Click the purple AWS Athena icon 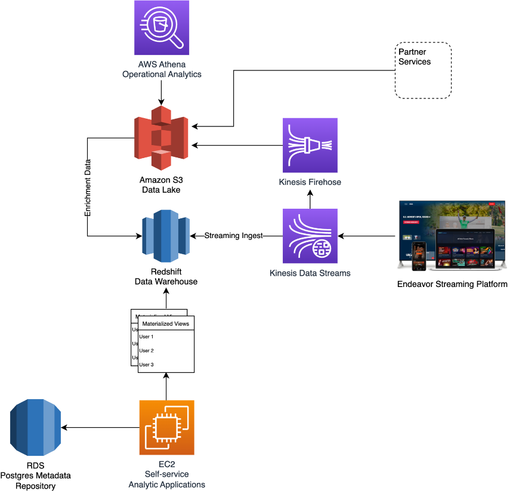click(x=162, y=28)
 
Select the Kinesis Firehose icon click(x=310, y=146)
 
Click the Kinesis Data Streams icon click(x=310, y=236)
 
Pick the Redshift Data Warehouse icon click(x=165, y=236)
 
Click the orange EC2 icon click(x=166, y=427)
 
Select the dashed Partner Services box click(x=423, y=70)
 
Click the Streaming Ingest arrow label click(x=233, y=236)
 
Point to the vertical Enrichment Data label click(x=88, y=187)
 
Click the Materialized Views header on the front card click(x=165, y=324)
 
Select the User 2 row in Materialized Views click(x=147, y=350)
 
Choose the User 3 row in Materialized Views click(x=147, y=364)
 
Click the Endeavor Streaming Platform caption click(x=452, y=284)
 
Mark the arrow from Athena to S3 click(x=161, y=92)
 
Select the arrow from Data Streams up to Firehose click(x=310, y=199)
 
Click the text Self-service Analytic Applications click(x=166, y=479)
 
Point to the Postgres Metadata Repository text click(x=36, y=481)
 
